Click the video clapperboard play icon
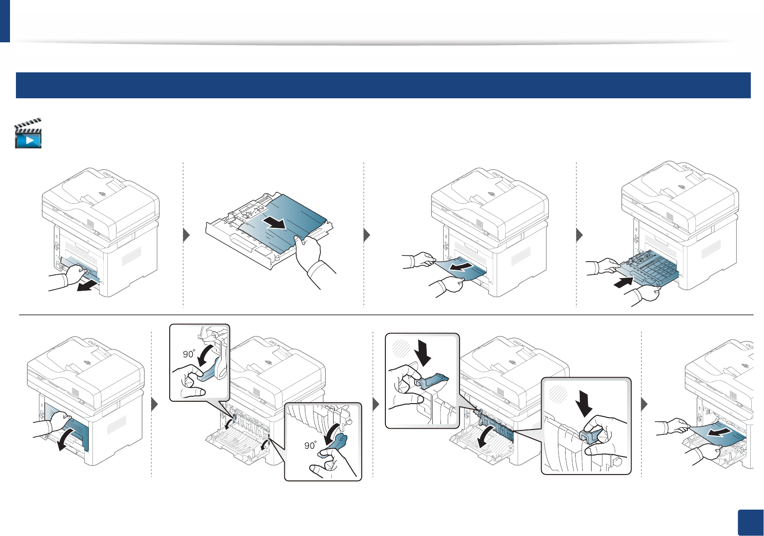(28, 134)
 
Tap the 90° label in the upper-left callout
(188, 354)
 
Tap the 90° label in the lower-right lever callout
(310, 445)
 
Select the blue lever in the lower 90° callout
(336, 445)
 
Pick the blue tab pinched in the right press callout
(591, 435)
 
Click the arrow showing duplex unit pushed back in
(623, 283)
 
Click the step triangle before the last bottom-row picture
(644, 404)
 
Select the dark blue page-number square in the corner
(750, 523)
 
